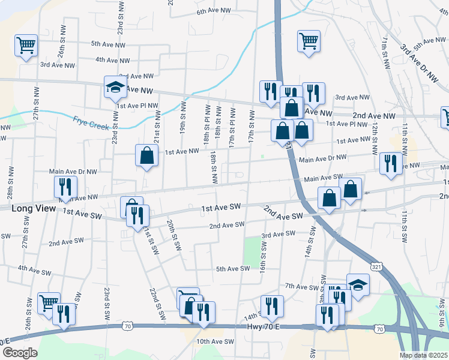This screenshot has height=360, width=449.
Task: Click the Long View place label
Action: (x=34, y=208)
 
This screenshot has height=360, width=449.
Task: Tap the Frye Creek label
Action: (x=91, y=122)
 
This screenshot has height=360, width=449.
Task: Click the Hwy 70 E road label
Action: (x=264, y=327)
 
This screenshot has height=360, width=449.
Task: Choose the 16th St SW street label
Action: (x=263, y=255)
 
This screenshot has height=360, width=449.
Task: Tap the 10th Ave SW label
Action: (x=215, y=341)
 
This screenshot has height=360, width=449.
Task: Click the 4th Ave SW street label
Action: (x=34, y=269)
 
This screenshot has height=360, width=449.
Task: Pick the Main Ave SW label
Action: (x=323, y=178)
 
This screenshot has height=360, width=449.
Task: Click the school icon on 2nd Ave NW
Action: (x=115, y=88)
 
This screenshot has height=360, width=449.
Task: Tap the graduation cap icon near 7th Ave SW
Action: (x=358, y=285)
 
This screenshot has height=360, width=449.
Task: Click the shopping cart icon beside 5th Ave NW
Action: (x=26, y=45)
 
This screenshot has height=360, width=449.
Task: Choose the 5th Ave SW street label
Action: (x=232, y=269)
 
